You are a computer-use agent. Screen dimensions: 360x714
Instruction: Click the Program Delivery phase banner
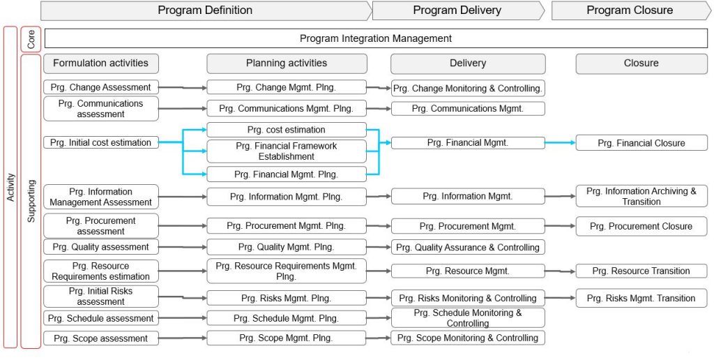point(457,10)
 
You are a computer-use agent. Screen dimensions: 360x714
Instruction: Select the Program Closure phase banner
point(630,10)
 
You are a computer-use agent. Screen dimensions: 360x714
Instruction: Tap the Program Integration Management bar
point(376,38)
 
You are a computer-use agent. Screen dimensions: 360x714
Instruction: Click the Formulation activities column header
point(101,63)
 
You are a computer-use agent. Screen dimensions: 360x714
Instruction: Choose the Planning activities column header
point(287,63)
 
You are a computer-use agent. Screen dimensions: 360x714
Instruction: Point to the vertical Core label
point(31,39)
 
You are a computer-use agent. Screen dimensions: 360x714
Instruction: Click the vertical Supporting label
point(31,201)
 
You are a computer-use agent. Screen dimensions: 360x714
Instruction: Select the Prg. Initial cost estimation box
point(101,142)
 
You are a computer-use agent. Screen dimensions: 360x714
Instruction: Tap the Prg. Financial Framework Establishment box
point(287,151)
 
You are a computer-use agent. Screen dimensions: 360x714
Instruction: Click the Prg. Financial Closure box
point(641,143)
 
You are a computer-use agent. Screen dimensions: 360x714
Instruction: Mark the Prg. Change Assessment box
point(101,87)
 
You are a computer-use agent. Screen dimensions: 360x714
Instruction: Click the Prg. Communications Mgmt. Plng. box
point(287,109)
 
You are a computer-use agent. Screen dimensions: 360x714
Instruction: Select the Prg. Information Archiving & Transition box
point(641,196)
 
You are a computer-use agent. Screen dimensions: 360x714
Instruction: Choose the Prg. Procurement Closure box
point(641,226)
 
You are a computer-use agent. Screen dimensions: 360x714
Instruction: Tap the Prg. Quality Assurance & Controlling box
point(468,247)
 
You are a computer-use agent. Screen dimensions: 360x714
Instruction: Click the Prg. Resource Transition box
point(641,271)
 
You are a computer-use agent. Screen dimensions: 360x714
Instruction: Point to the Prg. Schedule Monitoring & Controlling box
point(468,318)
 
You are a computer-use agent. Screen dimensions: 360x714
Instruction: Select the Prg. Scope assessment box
point(101,338)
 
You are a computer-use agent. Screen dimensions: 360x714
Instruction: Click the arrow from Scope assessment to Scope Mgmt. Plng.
point(183,338)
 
